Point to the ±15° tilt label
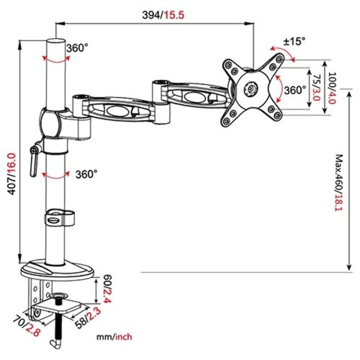(x=294, y=41)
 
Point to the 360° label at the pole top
(x=77, y=48)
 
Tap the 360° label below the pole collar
(x=86, y=174)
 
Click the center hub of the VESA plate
(x=252, y=88)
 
